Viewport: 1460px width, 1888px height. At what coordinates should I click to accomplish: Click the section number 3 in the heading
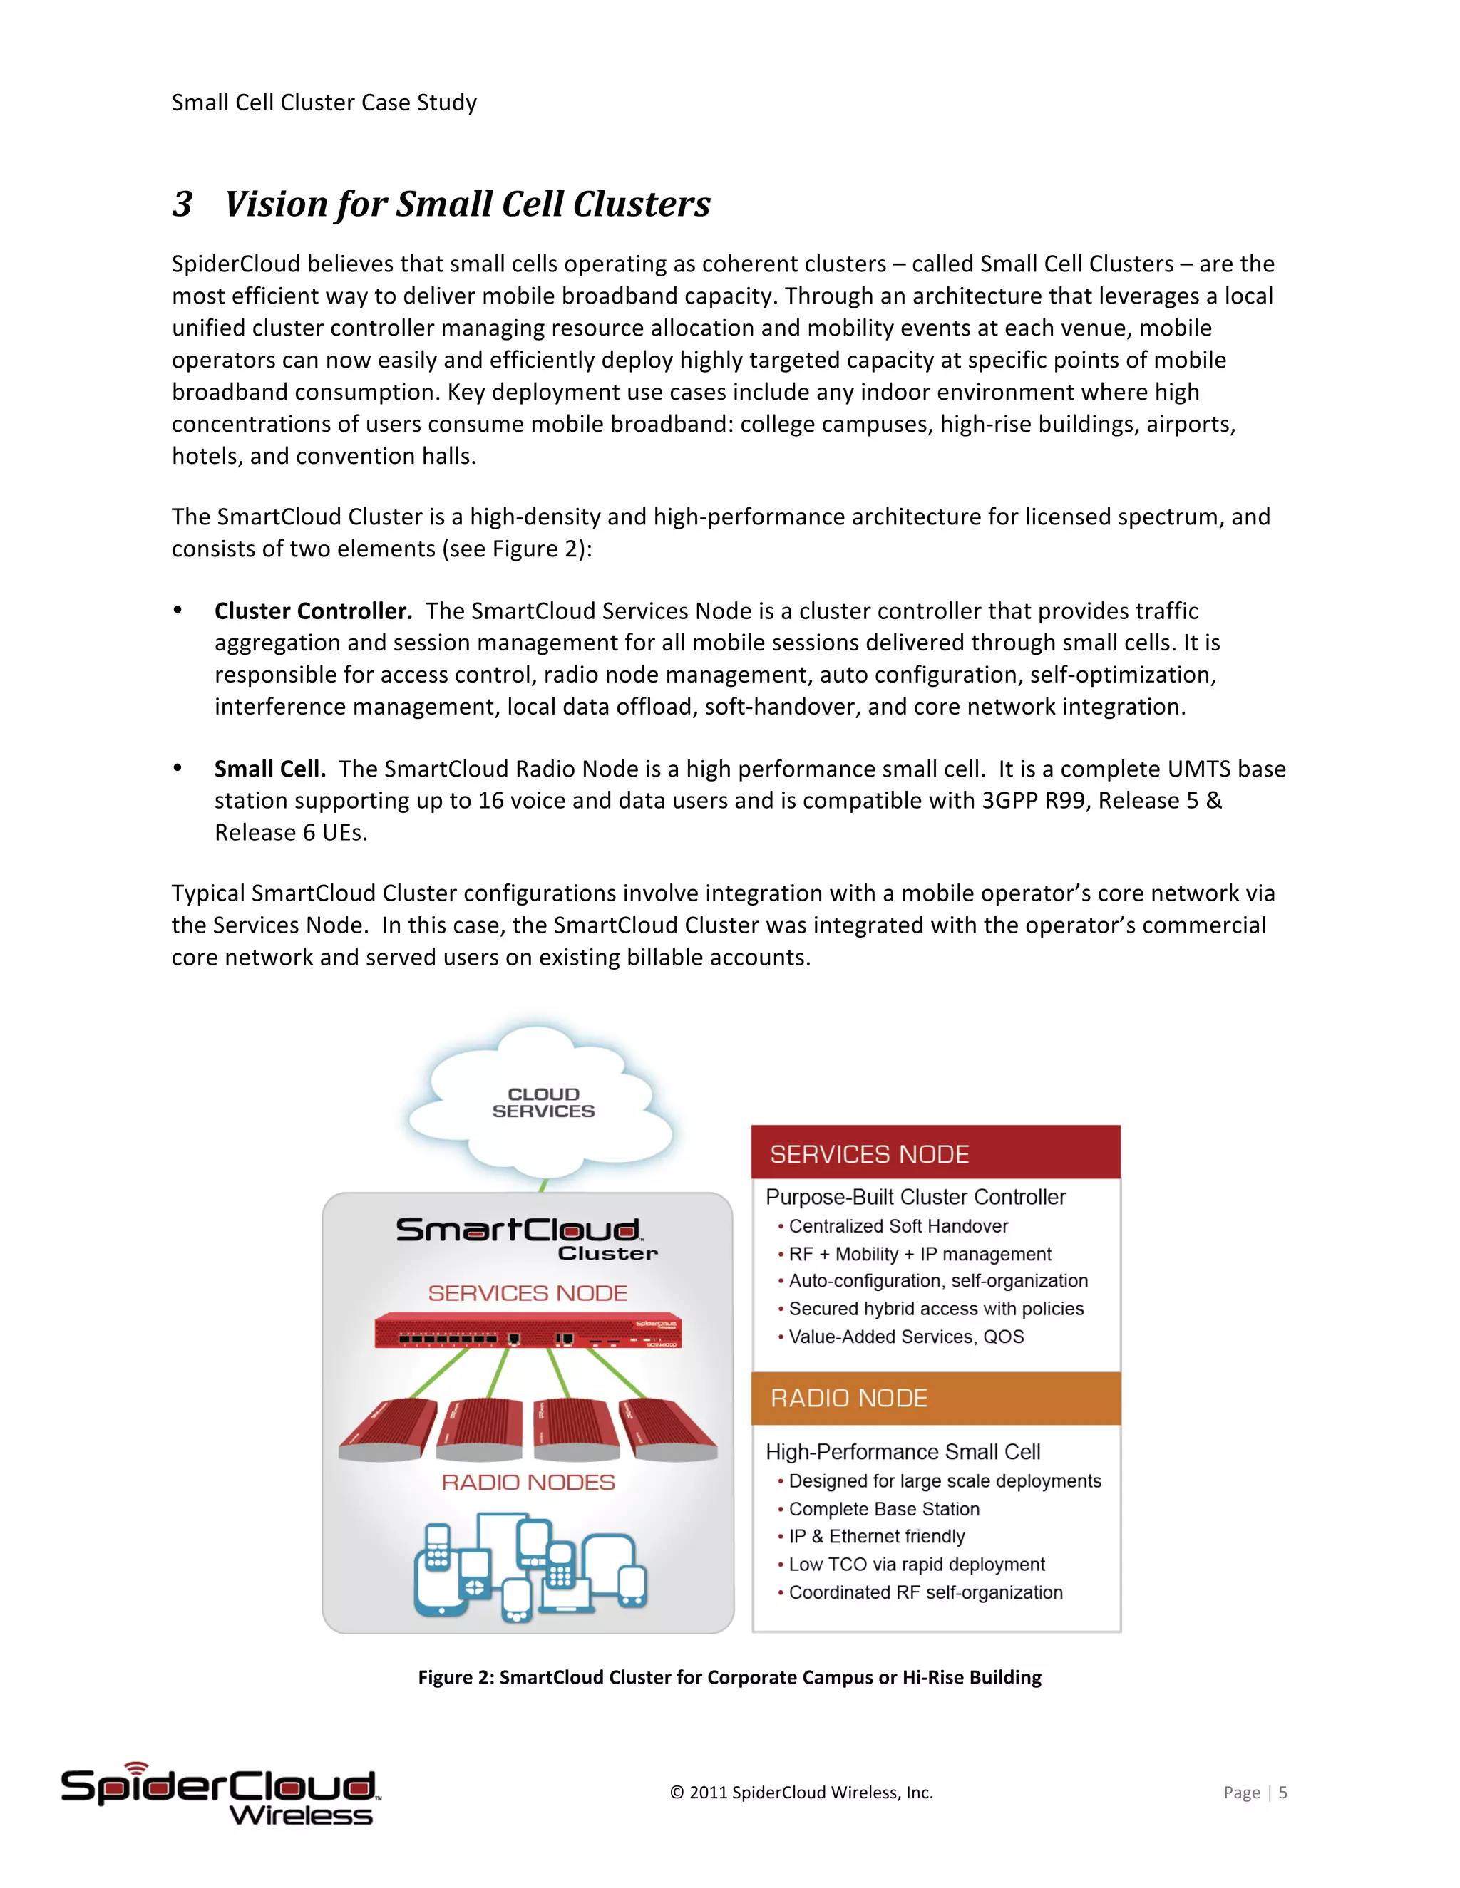[x=182, y=205]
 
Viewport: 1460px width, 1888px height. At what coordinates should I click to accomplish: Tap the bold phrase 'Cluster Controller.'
[x=312, y=611]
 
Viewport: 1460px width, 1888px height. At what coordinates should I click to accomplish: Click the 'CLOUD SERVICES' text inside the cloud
[x=543, y=1102]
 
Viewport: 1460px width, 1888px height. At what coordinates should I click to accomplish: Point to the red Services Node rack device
[x=528, y=1332]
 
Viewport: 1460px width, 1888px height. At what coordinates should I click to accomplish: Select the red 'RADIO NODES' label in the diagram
[x=528, y=1483]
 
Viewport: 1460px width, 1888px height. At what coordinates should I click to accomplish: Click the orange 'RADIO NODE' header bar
[x=936, y=1398]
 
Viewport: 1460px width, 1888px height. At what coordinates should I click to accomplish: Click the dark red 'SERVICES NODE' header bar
[x=936, y=1154]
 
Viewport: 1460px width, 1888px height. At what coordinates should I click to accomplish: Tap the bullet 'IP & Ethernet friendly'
[x=876, y=1536]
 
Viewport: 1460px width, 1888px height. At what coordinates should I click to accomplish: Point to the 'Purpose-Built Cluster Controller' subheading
[x=915, y=1198]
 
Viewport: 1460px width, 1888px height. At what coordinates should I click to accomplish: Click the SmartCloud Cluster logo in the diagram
[x=526, y=1238]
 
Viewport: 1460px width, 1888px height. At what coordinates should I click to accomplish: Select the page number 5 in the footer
[x=1282, y=1792]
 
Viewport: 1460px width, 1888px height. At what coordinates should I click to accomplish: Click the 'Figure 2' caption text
[x=729, y=1677]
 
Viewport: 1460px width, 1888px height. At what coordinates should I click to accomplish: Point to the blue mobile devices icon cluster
[x=530, y=1567]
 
